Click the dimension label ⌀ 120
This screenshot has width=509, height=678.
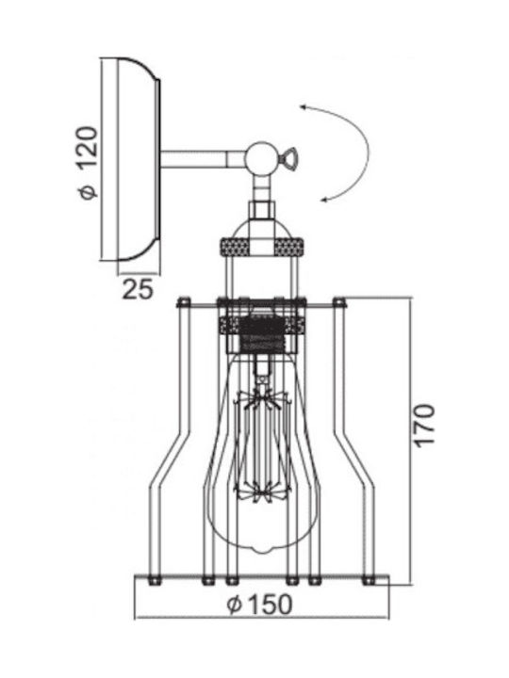tap(89, 163)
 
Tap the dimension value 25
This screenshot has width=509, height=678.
tap(138, 289)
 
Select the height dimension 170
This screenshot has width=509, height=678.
tap(424, 426)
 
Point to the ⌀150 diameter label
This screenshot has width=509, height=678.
tap(260, 604)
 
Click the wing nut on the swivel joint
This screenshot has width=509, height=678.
tap(288, 158)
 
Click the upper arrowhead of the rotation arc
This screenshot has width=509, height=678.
tap(304, 106)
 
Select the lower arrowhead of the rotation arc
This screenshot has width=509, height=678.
tap(324, 199)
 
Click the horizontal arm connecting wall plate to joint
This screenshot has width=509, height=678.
tap(204, 159)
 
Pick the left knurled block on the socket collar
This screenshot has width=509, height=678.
tap(236, 248)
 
